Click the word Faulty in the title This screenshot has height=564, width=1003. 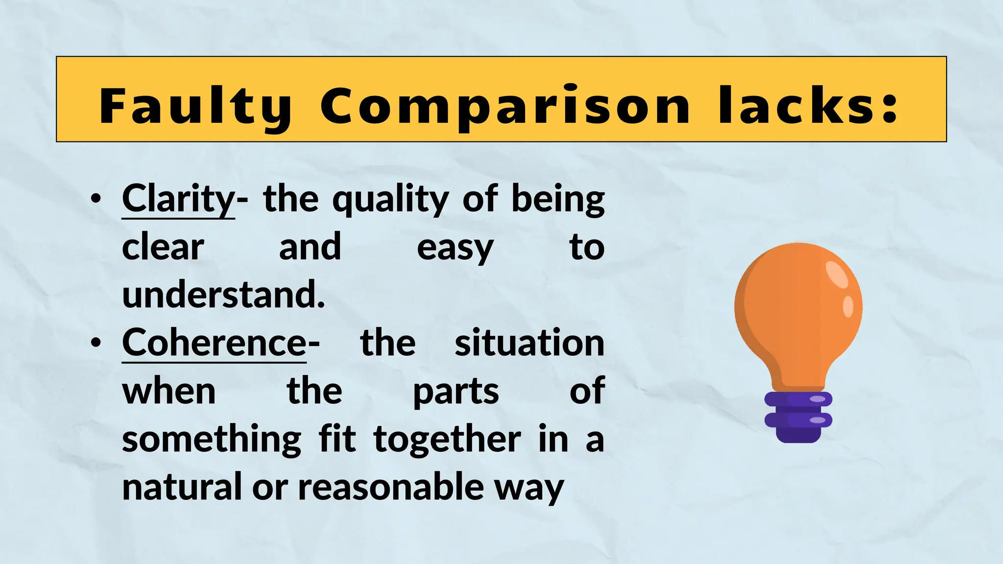[x=195, y=106]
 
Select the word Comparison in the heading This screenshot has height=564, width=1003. [x=505, y=106]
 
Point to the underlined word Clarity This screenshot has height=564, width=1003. [x=178, y=199]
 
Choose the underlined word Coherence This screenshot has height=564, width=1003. [x=214, y=343]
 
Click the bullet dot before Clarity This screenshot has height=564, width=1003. [x=96, y=199]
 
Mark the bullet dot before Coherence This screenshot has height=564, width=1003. [x=96, y=343]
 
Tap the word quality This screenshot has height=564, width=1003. [x=390, y=200]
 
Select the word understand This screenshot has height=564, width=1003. [x=223, y=295]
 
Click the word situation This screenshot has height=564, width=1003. [x=529, y=343]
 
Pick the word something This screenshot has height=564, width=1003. [x=212, y=440]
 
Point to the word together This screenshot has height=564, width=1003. [x=447, y=440]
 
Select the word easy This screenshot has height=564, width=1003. [x=455, y=248]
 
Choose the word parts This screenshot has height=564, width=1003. [x=455, y=392]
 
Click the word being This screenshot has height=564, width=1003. [x=558, y=200]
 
